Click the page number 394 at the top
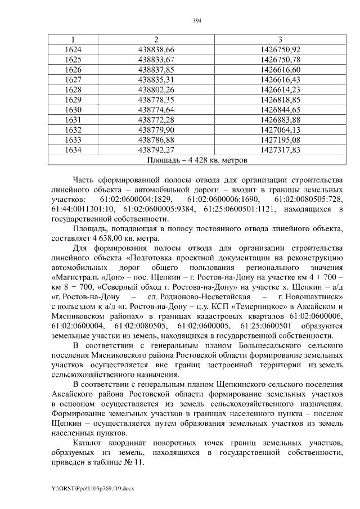[x=197, y=21]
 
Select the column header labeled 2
[x=156, y=39]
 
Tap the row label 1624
[x=73, y=49]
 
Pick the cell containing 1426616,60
[x=281, y=69]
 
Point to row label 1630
[x=73, y=110]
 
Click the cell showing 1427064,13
[x=281, y=130]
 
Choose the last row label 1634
[x=73, y=150]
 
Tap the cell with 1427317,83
[x=281, y=150]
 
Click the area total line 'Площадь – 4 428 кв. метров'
[x=197, y=160]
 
